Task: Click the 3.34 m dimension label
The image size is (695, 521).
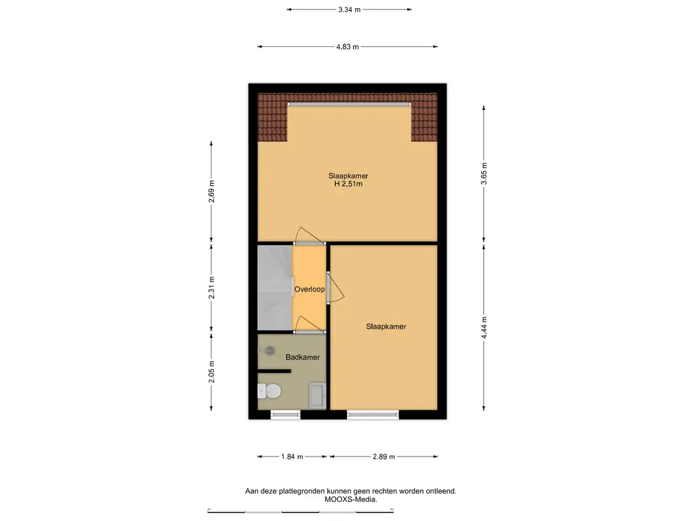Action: click(x=350, y=9)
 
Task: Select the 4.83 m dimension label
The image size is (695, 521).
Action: click(x=347, y=47)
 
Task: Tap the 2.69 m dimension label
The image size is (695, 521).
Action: click(x=212, y=191)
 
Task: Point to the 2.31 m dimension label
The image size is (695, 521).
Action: click(x=212, y=287)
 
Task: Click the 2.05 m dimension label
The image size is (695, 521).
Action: click(x=212, y=372)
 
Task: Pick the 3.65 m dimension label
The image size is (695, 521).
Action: click(x=484, y=174)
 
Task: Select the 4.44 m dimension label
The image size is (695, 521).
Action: click(x=484, y=328)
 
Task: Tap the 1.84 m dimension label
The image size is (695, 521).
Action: click(x=292, y=457)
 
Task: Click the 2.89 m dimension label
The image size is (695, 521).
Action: click(x=384, y=457)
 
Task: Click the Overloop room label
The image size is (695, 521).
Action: click(x=309, y=289)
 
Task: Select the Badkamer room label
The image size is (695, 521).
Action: click(x=303, y=357)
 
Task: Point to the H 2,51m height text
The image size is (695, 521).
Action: click(x=348, y=184)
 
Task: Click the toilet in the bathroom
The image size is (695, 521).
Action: click(x=269, y=391)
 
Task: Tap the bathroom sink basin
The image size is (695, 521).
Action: click(x=318, y=395)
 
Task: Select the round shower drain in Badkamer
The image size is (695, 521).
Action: click(x=270, y=351)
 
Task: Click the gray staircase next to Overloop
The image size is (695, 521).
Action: click(x=275, y=288)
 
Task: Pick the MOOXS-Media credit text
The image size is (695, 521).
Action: click(x=351, y=499)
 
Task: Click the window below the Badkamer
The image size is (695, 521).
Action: click(x=286, y=414)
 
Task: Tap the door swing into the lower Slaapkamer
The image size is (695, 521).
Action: click(x=335, y=288)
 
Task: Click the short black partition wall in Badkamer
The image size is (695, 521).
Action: click(x=274, y=371)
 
